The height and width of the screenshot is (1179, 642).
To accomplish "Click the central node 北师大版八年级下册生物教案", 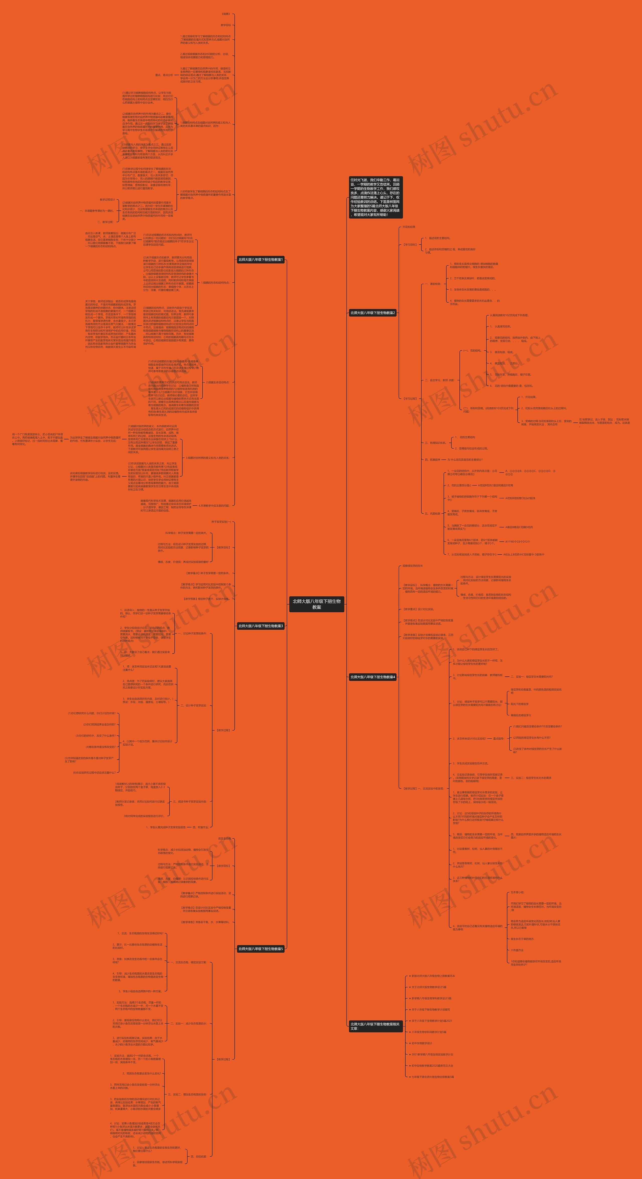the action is pos(317,604).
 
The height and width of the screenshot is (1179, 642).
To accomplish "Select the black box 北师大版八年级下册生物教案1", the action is pos(261,260).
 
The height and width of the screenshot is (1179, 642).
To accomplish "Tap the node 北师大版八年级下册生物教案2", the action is pos(372,312).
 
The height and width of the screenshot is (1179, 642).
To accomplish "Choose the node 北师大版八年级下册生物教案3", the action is pos(261,626).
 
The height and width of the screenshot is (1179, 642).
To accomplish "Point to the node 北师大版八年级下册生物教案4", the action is pos(372,677).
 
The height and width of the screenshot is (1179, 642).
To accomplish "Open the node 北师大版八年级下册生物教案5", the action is pos(261,949).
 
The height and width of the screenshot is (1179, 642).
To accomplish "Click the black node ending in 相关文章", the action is pos(375,1026).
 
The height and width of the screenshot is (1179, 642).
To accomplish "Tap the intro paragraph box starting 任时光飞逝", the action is pos(375,197).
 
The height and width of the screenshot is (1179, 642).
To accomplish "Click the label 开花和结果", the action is pos(409,227).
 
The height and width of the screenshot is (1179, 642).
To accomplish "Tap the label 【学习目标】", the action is pos(410,245).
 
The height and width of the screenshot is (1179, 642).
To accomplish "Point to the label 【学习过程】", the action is pos(410,399).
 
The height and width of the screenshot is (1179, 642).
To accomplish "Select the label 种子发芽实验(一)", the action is pos(221,522).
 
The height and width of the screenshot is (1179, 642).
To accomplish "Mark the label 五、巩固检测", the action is pos(432,514).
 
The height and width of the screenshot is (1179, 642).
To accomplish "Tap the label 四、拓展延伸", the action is pos(432,459).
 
